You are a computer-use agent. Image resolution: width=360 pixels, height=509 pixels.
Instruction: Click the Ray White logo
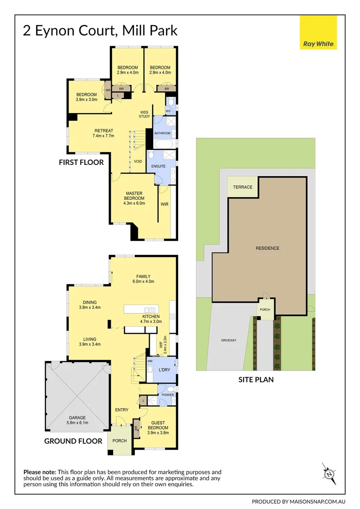(x=319, y=32)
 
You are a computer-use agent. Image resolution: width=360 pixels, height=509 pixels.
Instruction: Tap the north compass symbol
(x=330, y=473)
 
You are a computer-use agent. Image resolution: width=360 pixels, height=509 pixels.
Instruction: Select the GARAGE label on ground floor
(x=77, y=420)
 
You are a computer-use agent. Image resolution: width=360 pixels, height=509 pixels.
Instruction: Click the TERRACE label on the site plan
(x=243, y=187)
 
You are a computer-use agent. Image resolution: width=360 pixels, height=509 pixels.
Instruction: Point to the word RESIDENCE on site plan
(x=267, y=248)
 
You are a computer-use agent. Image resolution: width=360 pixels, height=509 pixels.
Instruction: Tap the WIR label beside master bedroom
(x=164, y=204)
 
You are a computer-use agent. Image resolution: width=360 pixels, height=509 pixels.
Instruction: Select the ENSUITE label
(x=158, y=166)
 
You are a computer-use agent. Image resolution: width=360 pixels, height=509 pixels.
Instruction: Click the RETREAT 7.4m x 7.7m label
(x=104, y=133)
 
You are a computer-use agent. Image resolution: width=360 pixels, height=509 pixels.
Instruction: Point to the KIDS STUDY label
(x=144, y=114)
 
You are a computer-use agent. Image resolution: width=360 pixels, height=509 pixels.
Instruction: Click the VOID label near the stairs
(x=138, y=161)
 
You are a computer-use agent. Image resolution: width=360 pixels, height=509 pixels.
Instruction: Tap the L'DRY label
(x=164, y=369)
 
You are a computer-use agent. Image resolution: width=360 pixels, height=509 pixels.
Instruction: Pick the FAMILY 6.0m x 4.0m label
(x=143, y=279)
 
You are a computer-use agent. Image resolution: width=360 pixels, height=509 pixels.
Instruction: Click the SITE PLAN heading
(x=255, y=378)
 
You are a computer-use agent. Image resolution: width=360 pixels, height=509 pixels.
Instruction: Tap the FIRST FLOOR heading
(x=81, y=162)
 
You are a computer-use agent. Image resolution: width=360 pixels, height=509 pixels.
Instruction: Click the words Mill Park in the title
(x=150, y=31)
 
